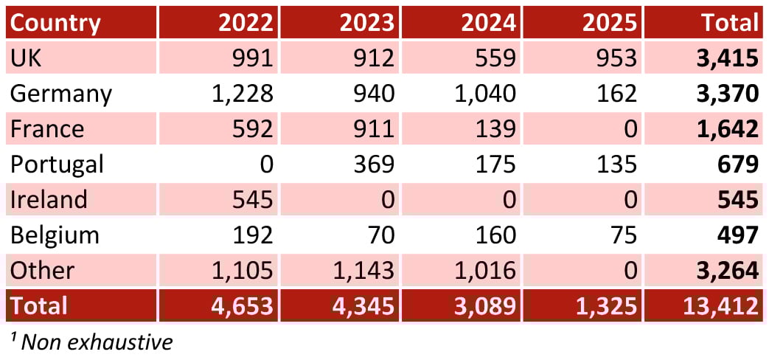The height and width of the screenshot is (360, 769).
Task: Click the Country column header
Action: tap(55, 23)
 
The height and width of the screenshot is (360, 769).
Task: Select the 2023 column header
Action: tap(366, 23)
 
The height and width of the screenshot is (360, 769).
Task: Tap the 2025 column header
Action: tap(609, 23)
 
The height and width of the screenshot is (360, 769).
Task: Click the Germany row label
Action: tap(61, 94)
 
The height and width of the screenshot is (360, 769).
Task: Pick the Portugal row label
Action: tap(57, 164)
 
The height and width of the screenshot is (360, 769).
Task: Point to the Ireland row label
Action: tap(49, 199)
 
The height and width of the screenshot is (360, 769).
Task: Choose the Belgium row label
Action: tap(55, 235)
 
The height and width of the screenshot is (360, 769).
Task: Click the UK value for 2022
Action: tap(252, 58)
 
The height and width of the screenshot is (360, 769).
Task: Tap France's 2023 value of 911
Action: tap(374, 129)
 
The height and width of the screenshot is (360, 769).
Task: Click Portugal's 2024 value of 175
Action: tap(495, 164)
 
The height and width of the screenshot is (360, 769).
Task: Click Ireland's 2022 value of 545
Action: tap(252, 199)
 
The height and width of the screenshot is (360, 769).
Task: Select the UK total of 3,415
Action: tap(727, 58)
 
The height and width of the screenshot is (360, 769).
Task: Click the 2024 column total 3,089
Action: tap(484, 305)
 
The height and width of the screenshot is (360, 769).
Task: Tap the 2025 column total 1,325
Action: tap(606, 305)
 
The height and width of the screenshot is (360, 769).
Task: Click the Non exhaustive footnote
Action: tap(91, 342)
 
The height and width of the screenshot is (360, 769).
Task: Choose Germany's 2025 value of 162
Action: tap(616, 94)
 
